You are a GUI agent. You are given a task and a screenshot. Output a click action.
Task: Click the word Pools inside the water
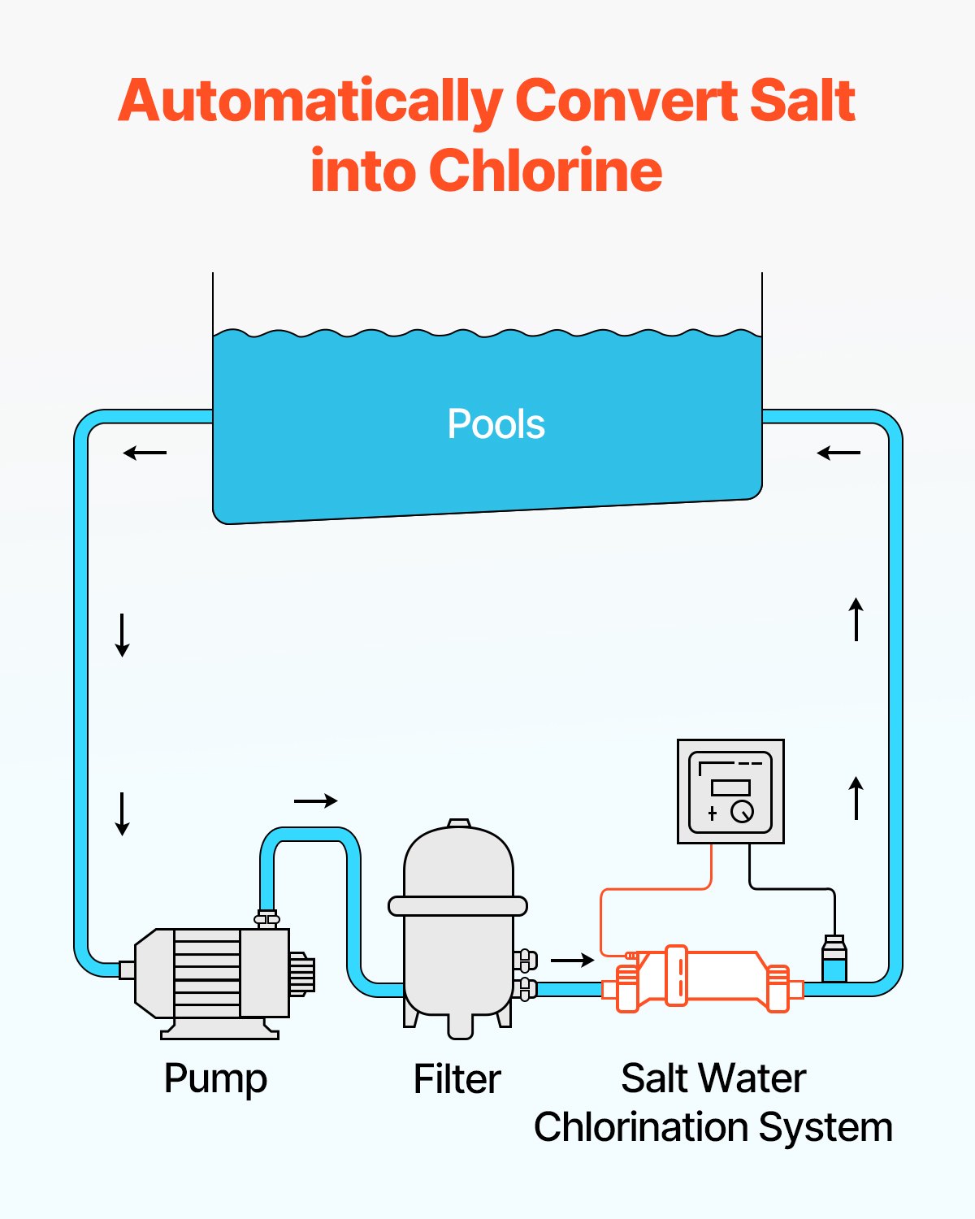[x=496, y=424]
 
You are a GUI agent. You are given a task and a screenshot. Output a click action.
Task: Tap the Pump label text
[x=215, y=1079]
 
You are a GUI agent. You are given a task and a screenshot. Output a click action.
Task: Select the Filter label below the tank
[x=457, y=1079]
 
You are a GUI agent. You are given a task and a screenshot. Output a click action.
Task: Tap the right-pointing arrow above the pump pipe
[x=315, y=801]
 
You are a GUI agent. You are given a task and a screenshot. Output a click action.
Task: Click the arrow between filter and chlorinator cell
[x=573, y=961]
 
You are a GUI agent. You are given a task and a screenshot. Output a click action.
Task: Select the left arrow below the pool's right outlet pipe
[x=838, y=453]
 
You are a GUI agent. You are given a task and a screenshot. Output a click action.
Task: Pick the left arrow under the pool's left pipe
[x=145, y=453]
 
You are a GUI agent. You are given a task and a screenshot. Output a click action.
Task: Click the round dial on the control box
[x=742, y=812]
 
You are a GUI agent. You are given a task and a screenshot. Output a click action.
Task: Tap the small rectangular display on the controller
[x=730, y=787]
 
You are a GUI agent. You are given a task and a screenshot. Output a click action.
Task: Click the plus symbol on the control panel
[x=713, y=813]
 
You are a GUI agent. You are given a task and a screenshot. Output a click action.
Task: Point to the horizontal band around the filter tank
[x=457, y=905]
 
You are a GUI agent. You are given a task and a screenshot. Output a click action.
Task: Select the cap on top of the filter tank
[x=459, y=823]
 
